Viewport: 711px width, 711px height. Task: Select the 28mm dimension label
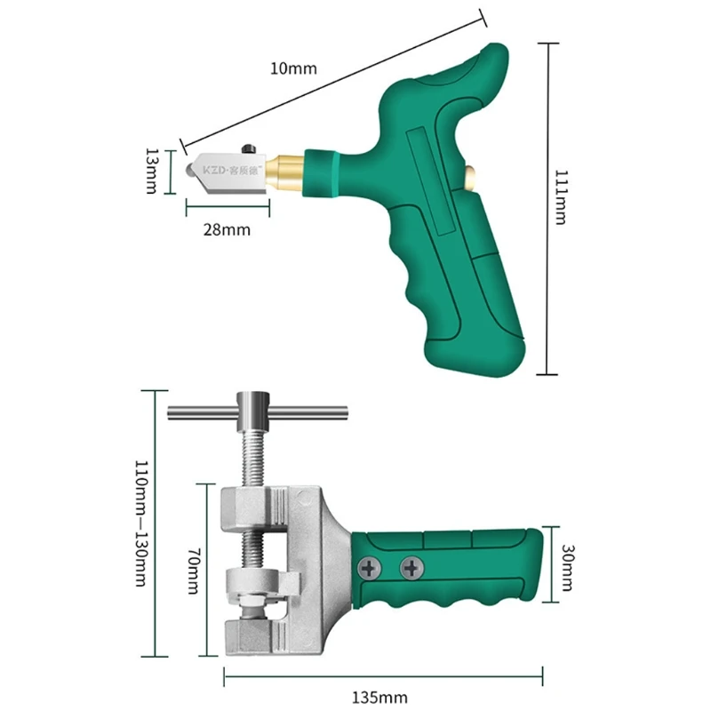(227, 229)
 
